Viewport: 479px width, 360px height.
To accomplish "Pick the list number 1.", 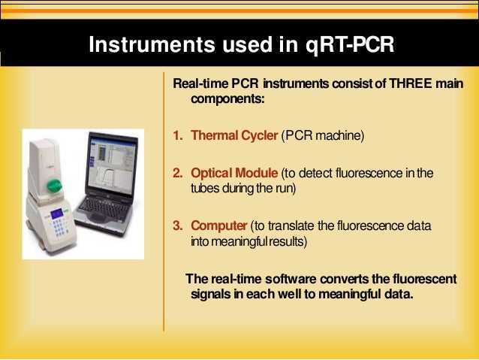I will point(178,136).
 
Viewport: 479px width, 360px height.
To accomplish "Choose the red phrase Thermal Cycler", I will point(233,136).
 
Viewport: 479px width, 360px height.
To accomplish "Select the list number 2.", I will point(178,174).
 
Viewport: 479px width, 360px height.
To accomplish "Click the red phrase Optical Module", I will point(235,174).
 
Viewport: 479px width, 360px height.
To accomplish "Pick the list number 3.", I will point(178,225).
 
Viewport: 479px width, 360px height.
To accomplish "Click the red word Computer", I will point(218,225).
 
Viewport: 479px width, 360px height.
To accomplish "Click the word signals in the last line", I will point(212,294).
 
